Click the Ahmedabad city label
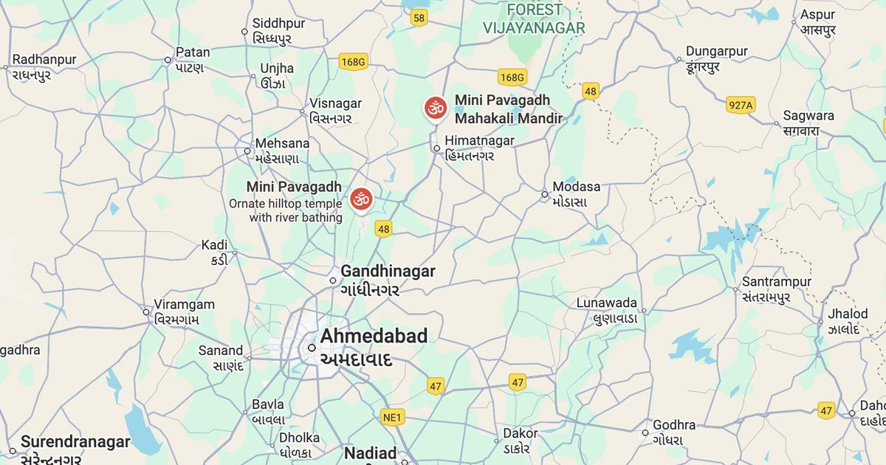click(374, 337)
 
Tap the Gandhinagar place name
click(388, 272)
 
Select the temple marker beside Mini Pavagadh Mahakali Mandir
click(436, 108)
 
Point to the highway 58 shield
click(419, 18)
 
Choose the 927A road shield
click(740, 105)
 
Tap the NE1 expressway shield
click(393, 418)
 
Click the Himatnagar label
click(479, 141)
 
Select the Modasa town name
click(577, 187)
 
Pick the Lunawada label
click(606, 303)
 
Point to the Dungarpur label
click(716, 52)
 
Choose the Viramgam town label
click(184, 305)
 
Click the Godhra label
click(674, 425)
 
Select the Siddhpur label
click(278, 24)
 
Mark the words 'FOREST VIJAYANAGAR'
click(534, 19)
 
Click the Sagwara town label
click(808, 116)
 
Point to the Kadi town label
click(214, 245)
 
